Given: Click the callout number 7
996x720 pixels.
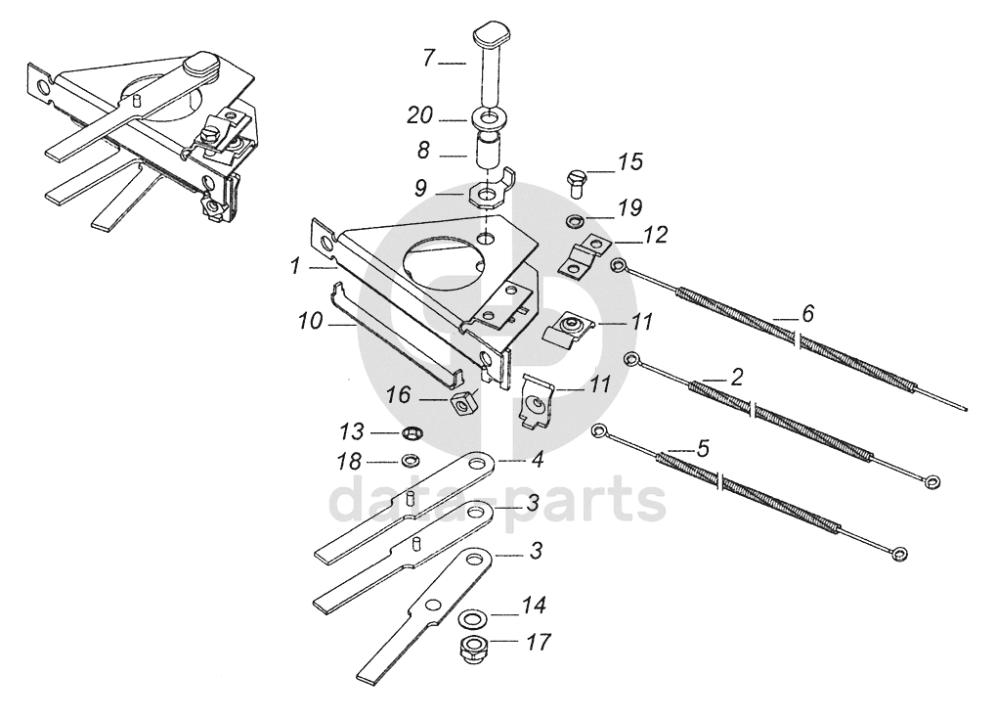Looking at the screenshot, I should click(429, 59).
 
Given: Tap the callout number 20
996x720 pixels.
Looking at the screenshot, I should click(419, 117).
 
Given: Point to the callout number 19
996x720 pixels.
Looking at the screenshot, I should click(629, 207).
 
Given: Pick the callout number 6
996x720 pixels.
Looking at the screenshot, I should click(806, 314).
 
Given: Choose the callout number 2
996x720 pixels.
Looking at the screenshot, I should click(737, 376).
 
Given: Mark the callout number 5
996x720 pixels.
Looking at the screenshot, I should click(702, 448).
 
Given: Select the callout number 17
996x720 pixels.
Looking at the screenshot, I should click(537, 643).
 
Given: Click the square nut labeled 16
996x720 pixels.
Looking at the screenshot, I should click(462, 401).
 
